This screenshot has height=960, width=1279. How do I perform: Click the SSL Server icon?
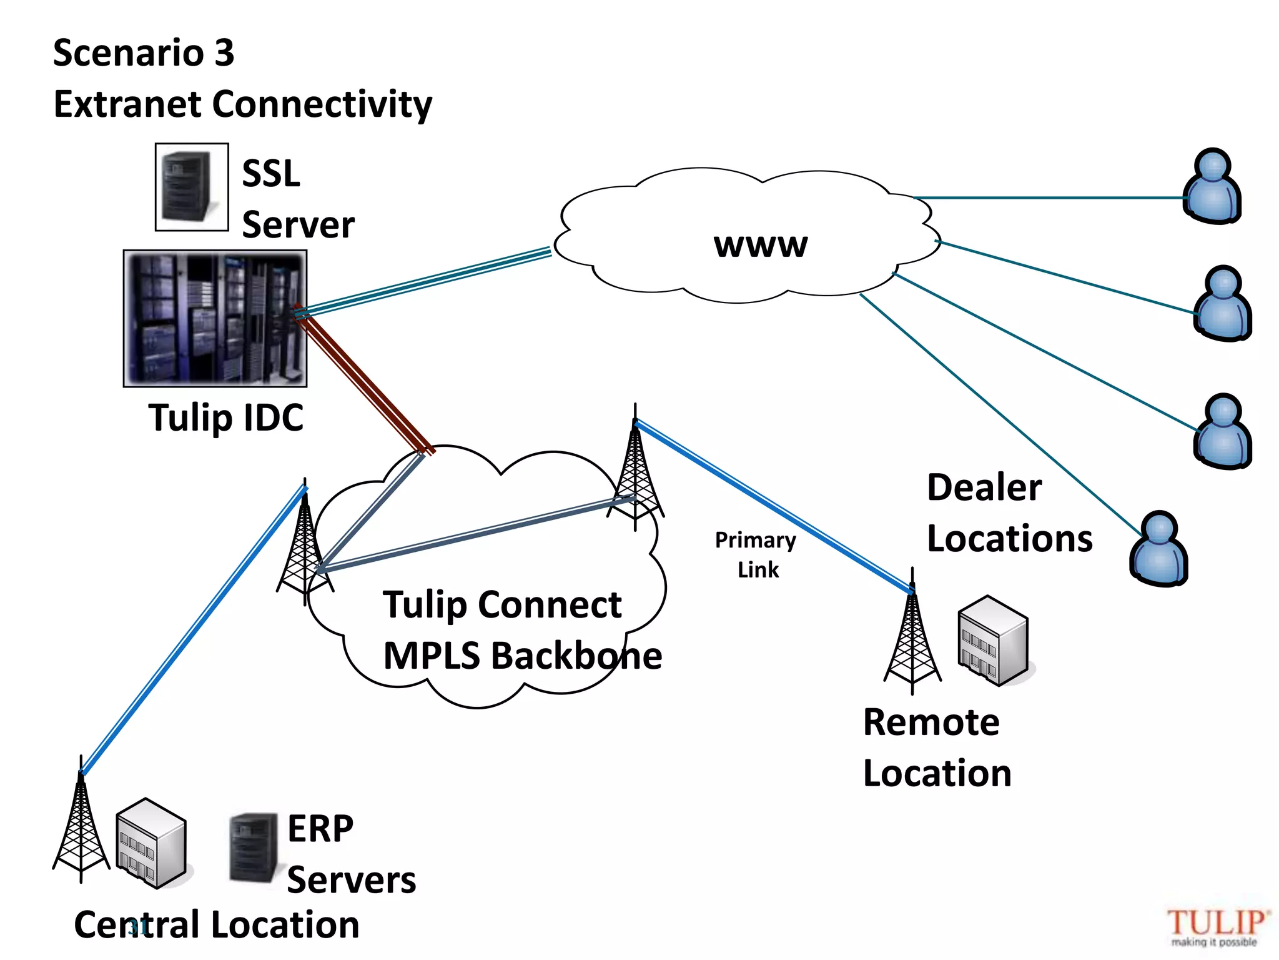point(191,187)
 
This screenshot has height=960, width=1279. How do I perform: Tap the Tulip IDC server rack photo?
point(215,318)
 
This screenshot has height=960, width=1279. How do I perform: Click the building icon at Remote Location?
point(992,641)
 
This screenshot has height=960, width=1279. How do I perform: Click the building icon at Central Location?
point(151,843)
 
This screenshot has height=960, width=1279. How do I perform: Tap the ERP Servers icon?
point(253,847)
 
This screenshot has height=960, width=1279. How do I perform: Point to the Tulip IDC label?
point(225,417)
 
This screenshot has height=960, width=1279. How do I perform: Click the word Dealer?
point(984,487)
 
